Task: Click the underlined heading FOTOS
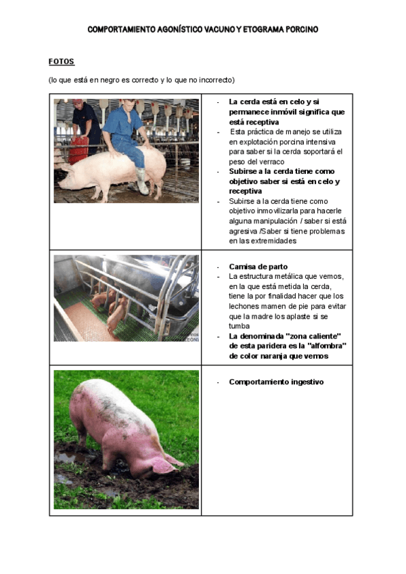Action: pyautogui.click(x=61, y=62)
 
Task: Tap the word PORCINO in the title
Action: pyautogui.click(x=296, y=30)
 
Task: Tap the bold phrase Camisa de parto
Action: pyautogui.click(x=258, y=267)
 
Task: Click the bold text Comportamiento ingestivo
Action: pyautogui.click(x=276, y=382)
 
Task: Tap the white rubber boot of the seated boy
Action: pyautogui.click(x=142, y=181)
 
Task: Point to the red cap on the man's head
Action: pyautogui.click(x=78, y=103)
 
